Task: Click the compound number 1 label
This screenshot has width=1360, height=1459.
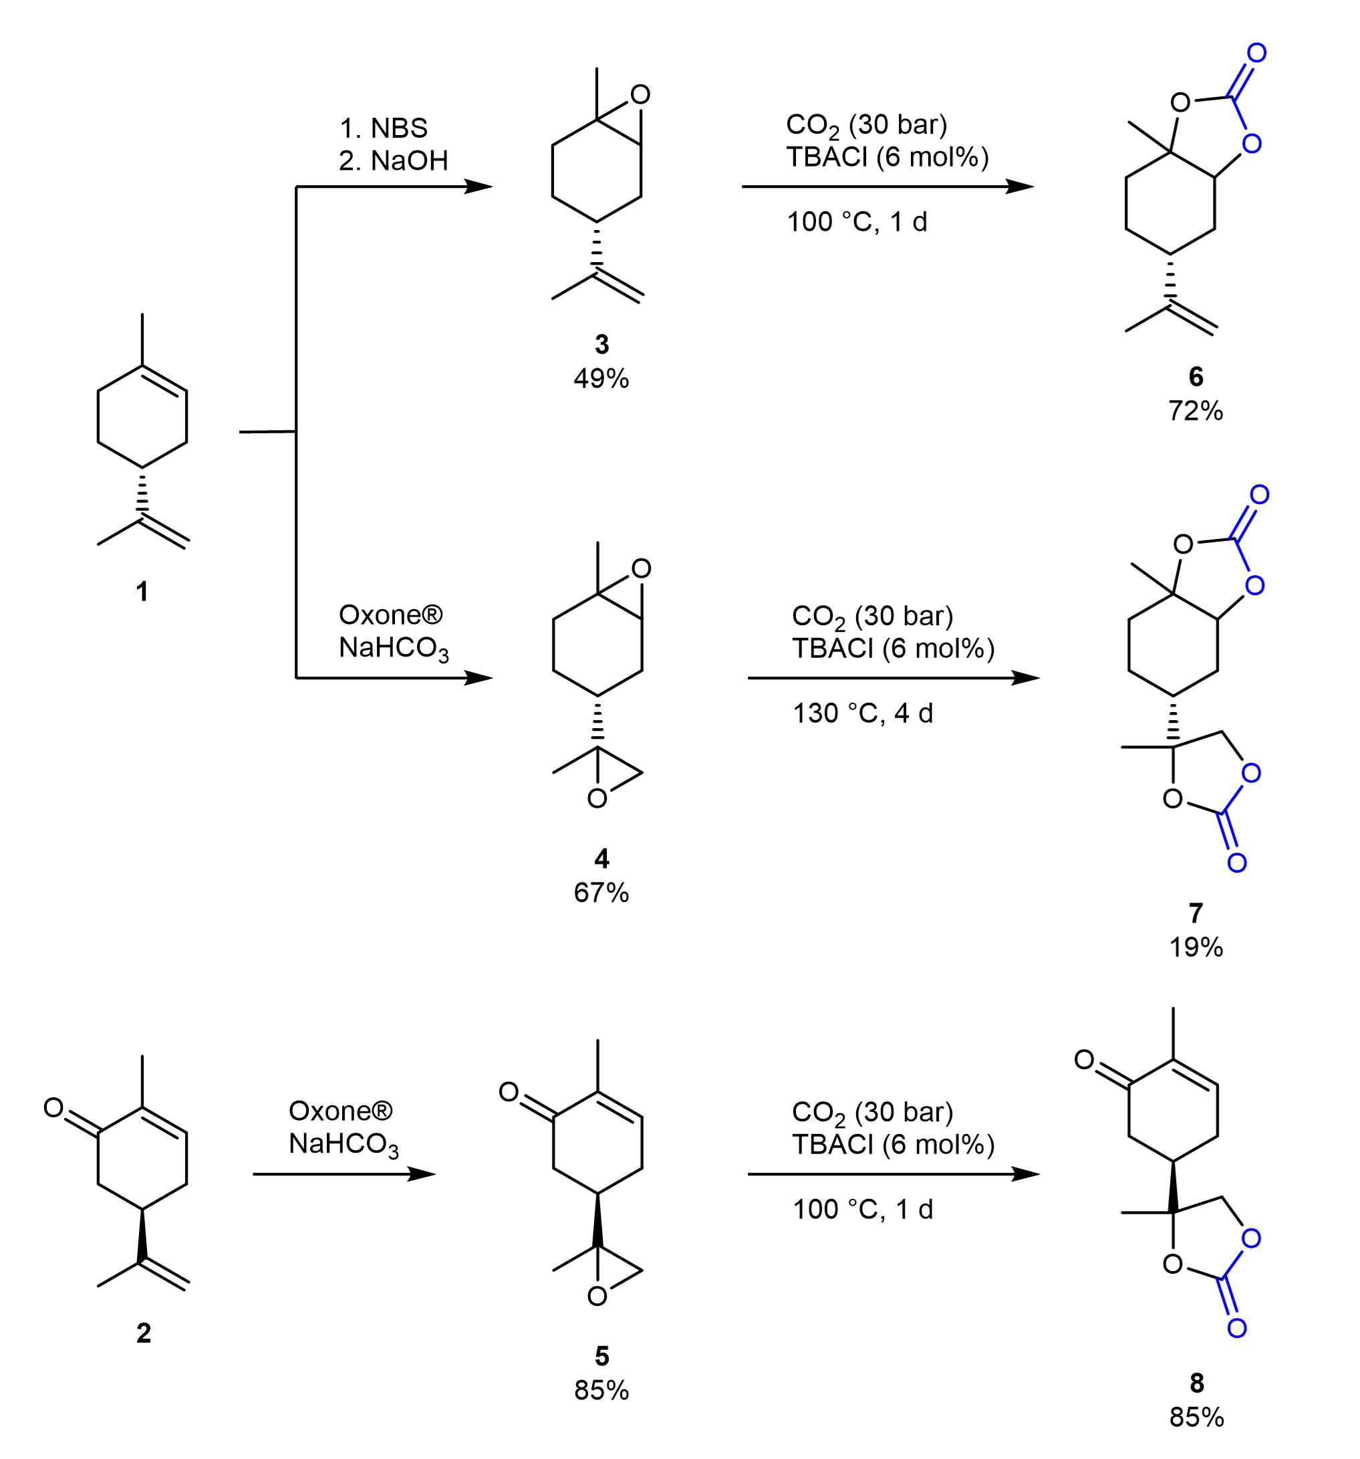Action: coord(142,591)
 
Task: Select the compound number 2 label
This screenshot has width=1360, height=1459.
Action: coord(144,1332)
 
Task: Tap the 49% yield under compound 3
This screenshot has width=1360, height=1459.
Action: coord(601,378)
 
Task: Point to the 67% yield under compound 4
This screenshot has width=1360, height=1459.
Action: coord(601,893)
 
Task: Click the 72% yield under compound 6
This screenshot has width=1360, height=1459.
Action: coord(1196,411)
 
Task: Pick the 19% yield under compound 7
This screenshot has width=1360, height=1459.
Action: coord(1196,947)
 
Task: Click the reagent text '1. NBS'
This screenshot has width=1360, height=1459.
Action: coord(383,128)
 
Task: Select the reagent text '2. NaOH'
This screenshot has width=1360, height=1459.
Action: coord(393,160)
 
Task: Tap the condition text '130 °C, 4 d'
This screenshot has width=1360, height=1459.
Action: coord(863,713)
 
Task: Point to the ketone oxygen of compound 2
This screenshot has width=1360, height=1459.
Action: coord(53,1107)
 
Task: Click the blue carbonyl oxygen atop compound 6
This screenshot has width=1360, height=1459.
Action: coord(1256,53)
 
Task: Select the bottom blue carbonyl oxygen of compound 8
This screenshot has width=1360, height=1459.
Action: coord(1237,1328)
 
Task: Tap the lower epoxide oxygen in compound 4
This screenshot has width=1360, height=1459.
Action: coord(597,799)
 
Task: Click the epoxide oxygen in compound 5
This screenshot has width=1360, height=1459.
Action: coord(597,1297)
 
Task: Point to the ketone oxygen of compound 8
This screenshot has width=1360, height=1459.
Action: coord(1084,1060)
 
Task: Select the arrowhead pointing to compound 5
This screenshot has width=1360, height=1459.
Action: coord(421,1174)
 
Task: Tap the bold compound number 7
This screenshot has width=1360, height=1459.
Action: coord(1196,913)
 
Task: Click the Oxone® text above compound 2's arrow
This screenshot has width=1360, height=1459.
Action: coord(340,1111)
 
